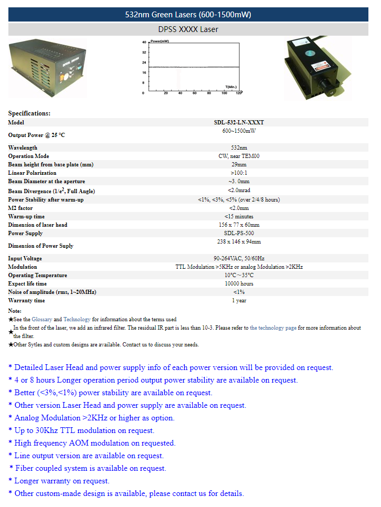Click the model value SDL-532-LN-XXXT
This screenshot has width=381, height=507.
tap(239, 122)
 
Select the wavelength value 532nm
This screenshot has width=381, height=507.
tap(239, 148)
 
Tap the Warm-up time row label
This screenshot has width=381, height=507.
tap(26, 216)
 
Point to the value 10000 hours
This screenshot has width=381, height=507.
tap(239, 283)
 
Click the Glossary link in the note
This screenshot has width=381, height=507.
tap(41, 319)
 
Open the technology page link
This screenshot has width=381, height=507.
tap(273, 328)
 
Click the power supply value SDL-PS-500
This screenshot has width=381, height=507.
tap(239, 233)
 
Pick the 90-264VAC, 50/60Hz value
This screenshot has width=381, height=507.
tap(239, 258)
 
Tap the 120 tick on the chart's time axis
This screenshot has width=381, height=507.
tap(239, 93)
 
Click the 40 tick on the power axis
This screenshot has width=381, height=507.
tap(144, 41)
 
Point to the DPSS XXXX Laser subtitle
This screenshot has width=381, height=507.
tap(188, 29)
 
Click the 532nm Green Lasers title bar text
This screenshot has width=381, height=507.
tap(188, 15)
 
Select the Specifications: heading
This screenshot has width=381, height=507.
tap(29, 113)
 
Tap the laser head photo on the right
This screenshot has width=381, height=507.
tap(317, 68)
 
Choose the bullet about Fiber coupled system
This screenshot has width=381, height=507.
tap(90, 468)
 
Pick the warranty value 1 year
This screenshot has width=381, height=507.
tap(239, 300)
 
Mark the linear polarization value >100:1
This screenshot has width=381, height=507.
tap(239, 173)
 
